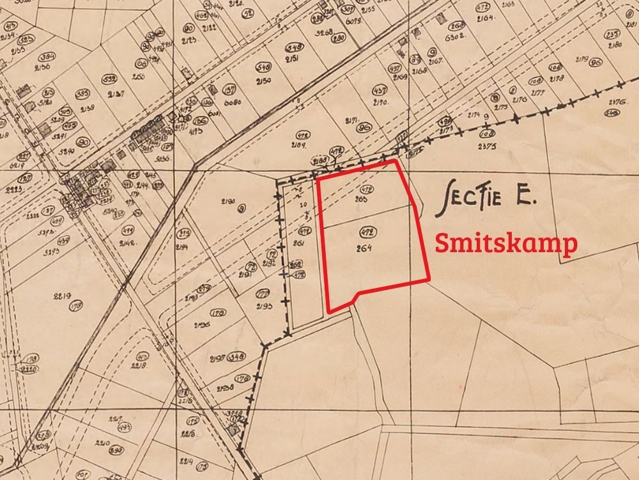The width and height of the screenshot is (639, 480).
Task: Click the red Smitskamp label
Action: [506, 244]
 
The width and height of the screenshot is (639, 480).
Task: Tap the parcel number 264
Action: [366, 248]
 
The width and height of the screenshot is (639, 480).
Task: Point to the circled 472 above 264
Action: [367, 232]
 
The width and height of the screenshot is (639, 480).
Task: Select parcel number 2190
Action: [228, 202]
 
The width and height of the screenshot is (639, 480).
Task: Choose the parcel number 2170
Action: [381, 102]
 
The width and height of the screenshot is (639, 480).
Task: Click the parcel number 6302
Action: [455, 37]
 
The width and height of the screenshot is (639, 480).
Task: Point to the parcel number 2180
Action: [614, 45]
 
